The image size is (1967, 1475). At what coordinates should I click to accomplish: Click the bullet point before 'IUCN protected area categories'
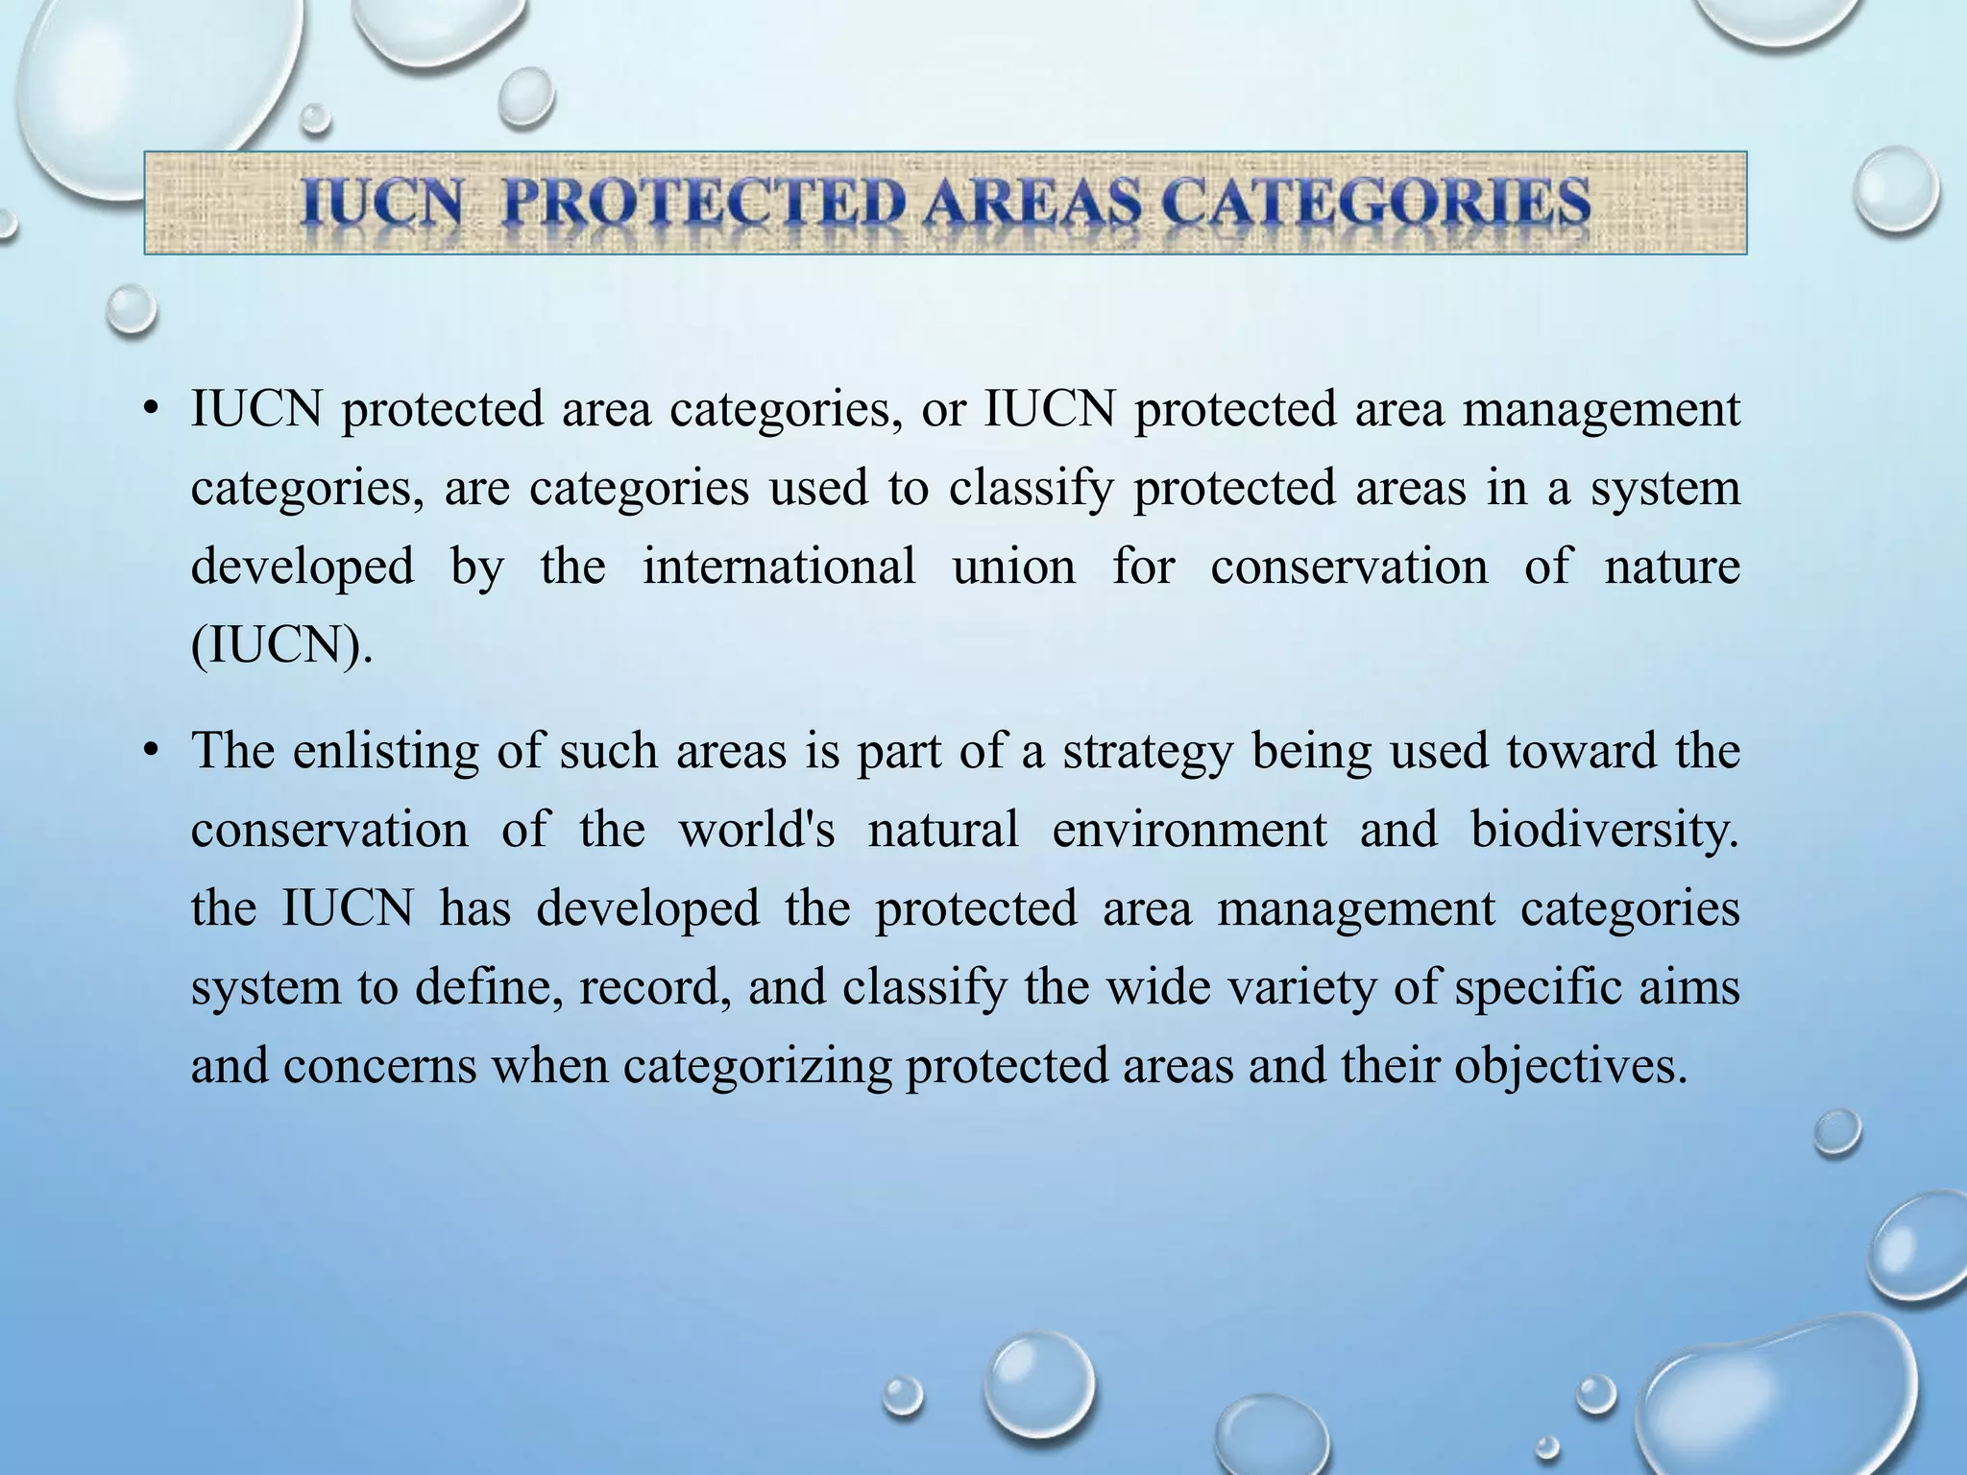[x=149, y=411]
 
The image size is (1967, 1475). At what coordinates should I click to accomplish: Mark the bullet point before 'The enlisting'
[x=149, y=752]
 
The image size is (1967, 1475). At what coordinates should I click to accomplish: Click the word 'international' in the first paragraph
[x=779, y=566]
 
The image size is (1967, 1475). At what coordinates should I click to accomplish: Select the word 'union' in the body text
[x=1013, y=566]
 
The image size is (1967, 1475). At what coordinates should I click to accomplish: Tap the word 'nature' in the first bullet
[x=1672, y=566]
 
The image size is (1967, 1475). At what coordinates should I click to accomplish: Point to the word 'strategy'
[x=1147, y=752]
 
